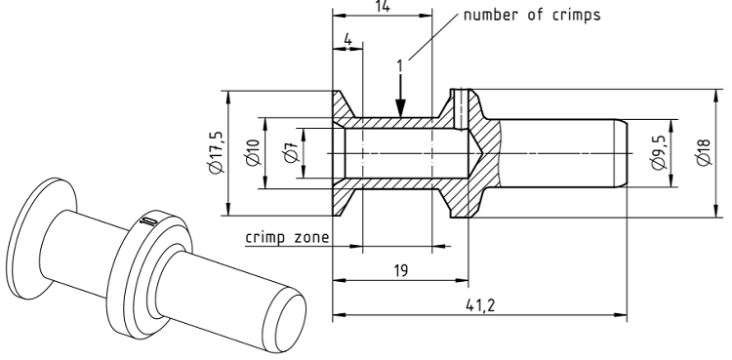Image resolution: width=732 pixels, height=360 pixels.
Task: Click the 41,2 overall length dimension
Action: (480, 305)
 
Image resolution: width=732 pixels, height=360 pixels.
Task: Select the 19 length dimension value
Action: (400, 270)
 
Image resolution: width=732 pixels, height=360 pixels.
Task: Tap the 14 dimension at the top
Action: (382, 6)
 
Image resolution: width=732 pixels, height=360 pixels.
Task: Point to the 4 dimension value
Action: (347, 40)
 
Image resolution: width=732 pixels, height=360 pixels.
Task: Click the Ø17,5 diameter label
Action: (217, 152)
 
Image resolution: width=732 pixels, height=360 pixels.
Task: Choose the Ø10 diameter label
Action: (253, 152)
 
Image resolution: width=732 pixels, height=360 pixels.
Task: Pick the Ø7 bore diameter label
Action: (292, 153)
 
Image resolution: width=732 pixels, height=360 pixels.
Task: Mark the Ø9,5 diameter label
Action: (658, 153)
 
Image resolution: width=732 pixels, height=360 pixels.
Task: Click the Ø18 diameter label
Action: (703, 153)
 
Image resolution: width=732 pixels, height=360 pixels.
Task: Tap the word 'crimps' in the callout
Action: (577, 16)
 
